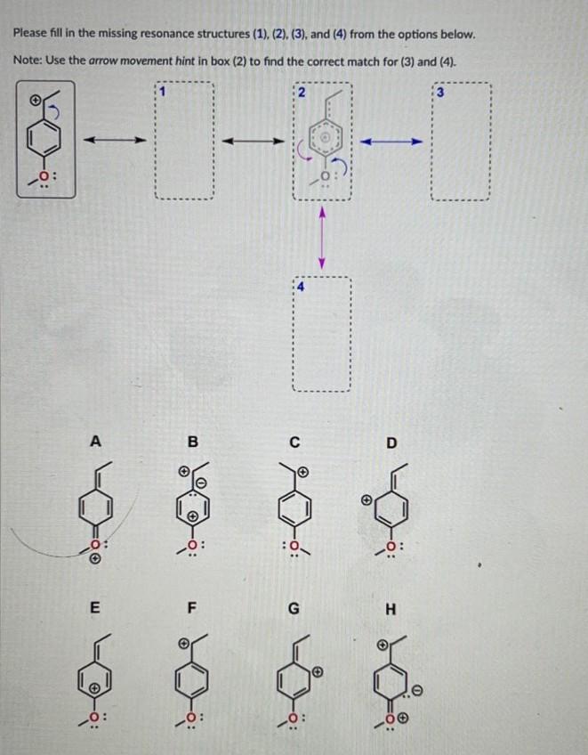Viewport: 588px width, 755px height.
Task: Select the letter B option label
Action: pos(191,439)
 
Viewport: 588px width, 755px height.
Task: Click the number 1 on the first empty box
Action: pos(161,89)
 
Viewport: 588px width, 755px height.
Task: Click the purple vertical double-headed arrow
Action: pos(325,236)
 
